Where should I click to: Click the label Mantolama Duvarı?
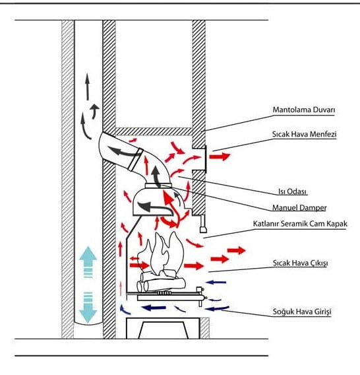tap(303, 110)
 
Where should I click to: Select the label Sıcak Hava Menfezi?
tap(304, 134)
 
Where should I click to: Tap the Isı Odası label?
tap(292, 191)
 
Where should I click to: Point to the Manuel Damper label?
tap(299, 207)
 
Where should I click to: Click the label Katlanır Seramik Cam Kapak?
tap(300, 224)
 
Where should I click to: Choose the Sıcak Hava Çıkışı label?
tap(300, 263)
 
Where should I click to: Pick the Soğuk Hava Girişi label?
tap(302, 312)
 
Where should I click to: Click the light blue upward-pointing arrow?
tap(88, 262)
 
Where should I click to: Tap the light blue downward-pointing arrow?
tap(88, 308)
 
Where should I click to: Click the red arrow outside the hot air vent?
tap(220, 156)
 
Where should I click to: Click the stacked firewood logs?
tap(162, 282)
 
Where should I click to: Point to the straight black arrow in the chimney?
tap(88, 86)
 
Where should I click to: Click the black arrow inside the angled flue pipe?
tap(121, 151)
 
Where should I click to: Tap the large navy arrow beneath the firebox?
tap(154, 308)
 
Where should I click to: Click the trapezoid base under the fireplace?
tap(163, 330)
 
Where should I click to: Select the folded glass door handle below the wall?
tap(203, 224)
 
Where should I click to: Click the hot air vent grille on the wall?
tap(205, 159)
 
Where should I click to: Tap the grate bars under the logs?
tap(164, 292)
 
